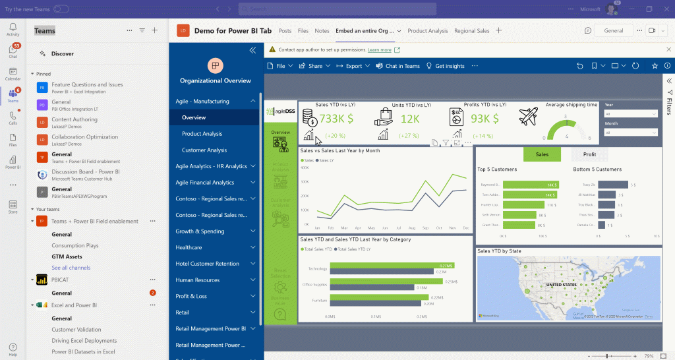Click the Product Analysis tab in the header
427,31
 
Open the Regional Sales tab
471,31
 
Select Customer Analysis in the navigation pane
204,150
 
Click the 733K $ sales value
336,119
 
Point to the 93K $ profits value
484,119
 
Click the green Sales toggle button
542,154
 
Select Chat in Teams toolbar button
398,66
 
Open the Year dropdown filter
631,114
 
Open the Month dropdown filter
631,133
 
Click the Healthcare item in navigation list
189,247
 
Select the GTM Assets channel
67,256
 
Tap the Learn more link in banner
379,50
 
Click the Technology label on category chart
318,268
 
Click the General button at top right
613,30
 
